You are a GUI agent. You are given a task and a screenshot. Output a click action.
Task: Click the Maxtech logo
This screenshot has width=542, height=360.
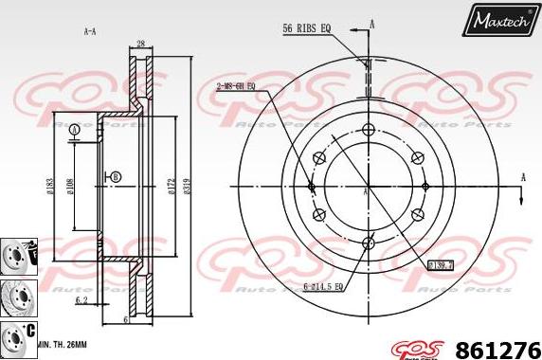click(500, 19)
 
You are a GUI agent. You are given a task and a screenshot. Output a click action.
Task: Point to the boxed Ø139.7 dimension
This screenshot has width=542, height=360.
click(443, 265)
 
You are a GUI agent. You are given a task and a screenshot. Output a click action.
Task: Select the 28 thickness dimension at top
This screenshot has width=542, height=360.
click(139, 45)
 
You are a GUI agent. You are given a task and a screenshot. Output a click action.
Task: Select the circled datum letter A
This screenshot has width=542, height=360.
click(74, 128)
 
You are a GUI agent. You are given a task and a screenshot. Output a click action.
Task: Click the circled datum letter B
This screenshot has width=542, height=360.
click(116, 177)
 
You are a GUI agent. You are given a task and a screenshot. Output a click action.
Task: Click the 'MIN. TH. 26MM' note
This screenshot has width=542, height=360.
click(63, 345)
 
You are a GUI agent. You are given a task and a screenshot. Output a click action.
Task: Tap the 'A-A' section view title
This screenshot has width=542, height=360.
click(90, 31)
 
